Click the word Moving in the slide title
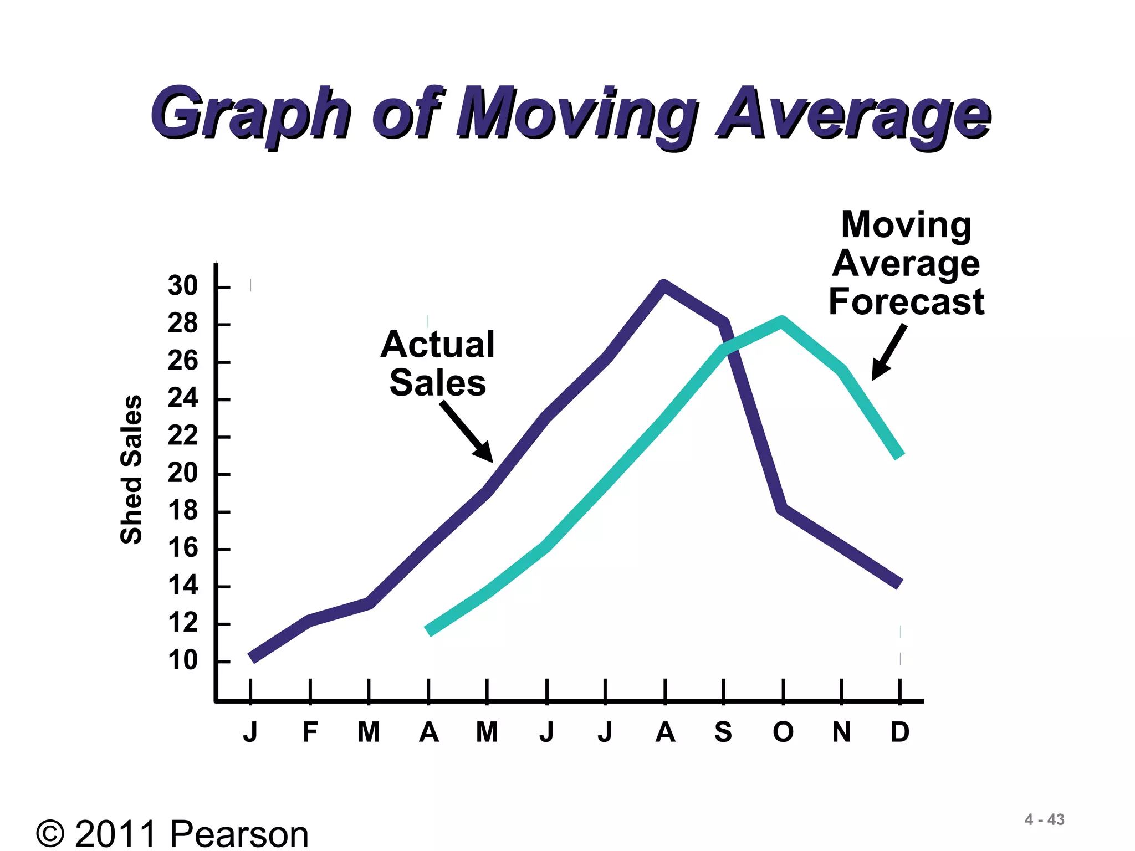(x=576, y=114)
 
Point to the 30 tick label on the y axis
(x=183, y=286)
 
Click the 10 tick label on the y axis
(x=183, y=660)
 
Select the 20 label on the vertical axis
(x=183, y=473)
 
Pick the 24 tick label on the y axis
(x=183, y=398)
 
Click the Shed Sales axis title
(x=132, y=470)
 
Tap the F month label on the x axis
(x=310, y=732)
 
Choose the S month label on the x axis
(x=723, y=732)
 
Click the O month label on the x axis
(x=783, y=732)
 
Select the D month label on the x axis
(x=900, y=732)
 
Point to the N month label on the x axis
(x=841, y=732)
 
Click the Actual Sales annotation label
(x=437, y=363)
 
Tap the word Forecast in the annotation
(x=907, y=302)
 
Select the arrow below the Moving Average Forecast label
(x=889, y=352)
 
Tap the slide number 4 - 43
(x=1044, y=819)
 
